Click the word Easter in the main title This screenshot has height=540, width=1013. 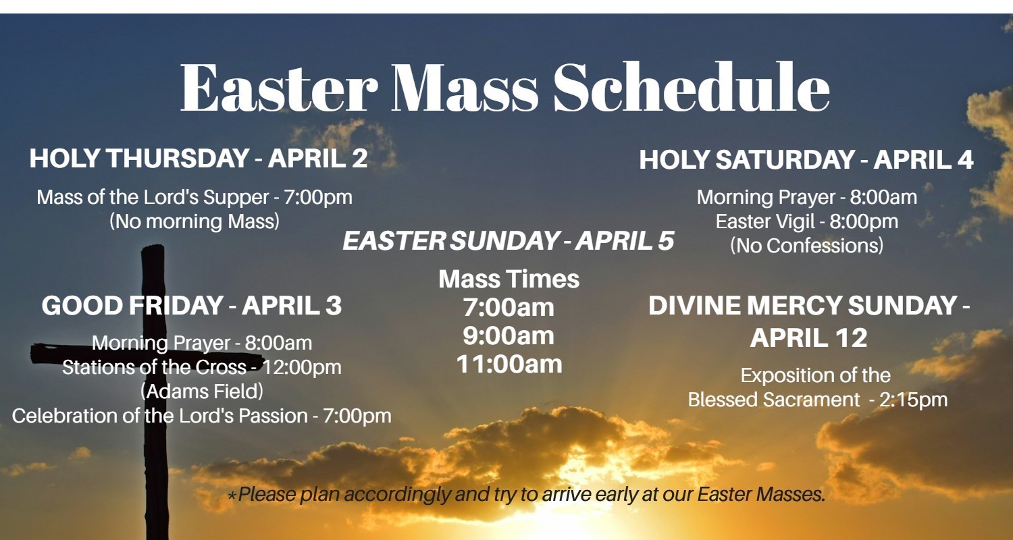point(278,88)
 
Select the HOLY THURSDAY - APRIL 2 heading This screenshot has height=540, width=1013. point(199,159)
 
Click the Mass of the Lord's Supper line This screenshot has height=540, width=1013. point(194,198)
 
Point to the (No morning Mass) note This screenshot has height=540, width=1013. point(194,221)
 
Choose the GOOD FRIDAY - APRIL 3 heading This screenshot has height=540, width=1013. point(192,306)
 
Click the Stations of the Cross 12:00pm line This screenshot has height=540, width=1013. point(202,367)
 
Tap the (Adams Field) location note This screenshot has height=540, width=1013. point(202,391)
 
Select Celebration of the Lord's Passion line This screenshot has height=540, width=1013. point(202,415)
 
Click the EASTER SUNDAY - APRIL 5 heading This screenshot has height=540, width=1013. point(509,241)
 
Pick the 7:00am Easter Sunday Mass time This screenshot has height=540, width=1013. point(509,308)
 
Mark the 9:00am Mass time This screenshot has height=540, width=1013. point(509,336)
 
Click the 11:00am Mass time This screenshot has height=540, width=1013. point(509,364)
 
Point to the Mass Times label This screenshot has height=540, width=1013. point(509,279)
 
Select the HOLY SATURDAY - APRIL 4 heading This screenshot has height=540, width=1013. point(806,160)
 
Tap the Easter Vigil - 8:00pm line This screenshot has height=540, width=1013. point(807,221)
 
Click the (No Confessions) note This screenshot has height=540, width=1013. point(807,246)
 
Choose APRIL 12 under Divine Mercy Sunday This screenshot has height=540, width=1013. point(808,337)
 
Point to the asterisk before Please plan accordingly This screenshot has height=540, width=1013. point(232,496)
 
